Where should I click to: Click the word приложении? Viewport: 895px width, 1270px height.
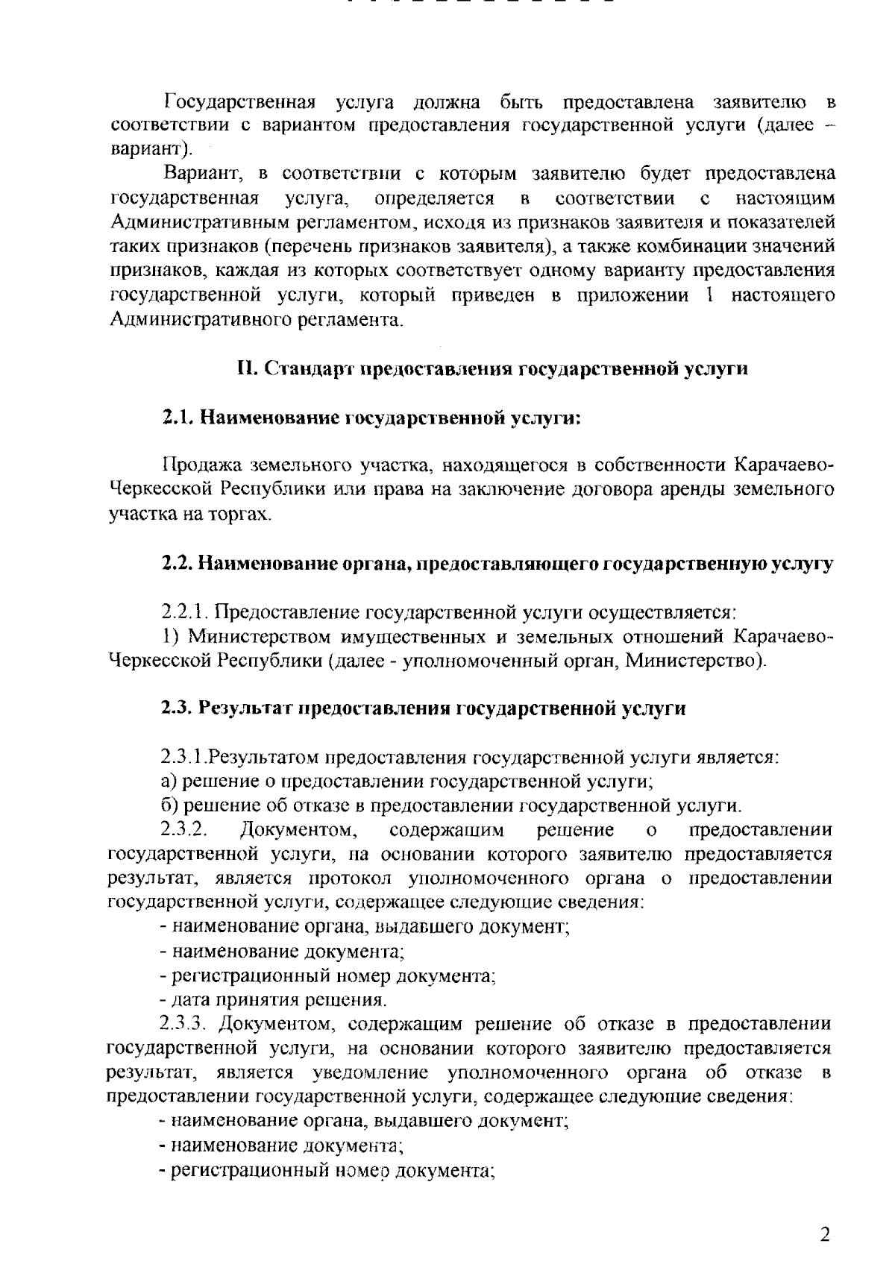pyautogui.click(x=632, y=295)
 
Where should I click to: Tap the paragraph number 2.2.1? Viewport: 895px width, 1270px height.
pyautogui.click(x=183, y=612)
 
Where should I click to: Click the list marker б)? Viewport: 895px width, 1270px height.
pyautogui.click(x=170, y=805)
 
